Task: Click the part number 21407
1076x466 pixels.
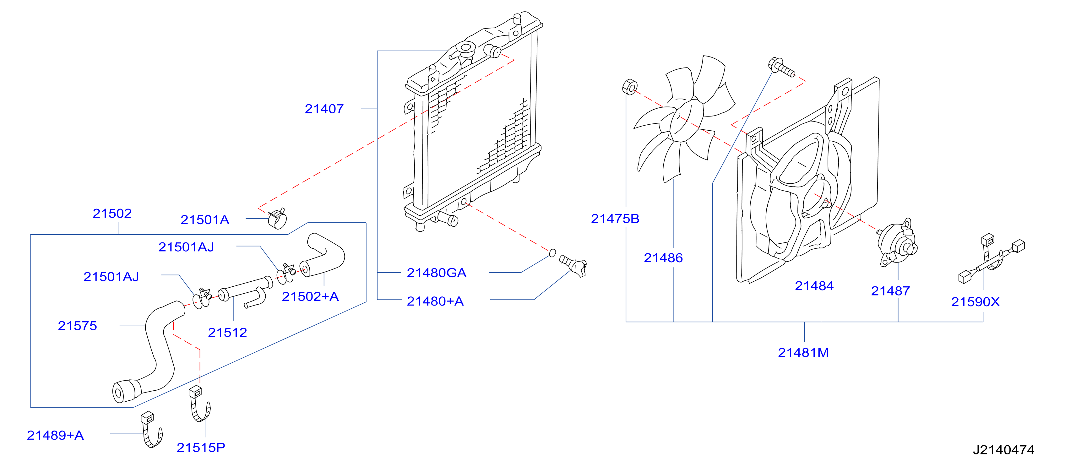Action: click(324, 109)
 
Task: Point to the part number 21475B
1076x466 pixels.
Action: click(615, 219)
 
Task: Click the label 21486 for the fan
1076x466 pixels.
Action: click(663, 258)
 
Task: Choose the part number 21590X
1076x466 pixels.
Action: click(975, 302)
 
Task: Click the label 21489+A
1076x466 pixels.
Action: click(55, 436)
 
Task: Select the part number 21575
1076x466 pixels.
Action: click(77, 326)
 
